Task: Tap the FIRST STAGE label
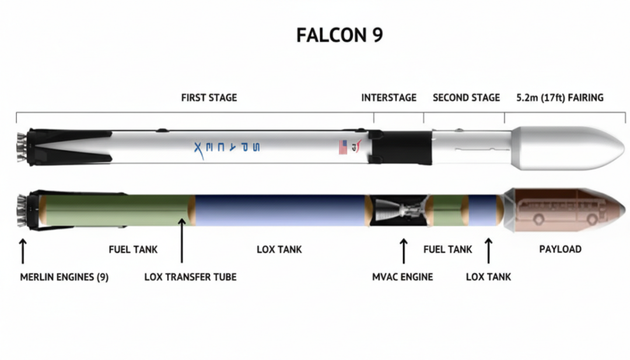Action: point(209,97)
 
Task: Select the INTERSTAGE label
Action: point(388,97)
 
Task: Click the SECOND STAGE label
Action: point(466,97)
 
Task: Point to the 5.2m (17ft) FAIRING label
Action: point(559,97)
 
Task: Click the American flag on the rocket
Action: point(342,147)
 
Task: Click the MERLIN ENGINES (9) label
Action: point(64,277)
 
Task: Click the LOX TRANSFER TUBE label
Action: point(190,277)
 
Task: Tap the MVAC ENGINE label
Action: point(402,277)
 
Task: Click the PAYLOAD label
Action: point(560,249)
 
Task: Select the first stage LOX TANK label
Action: point(279,249)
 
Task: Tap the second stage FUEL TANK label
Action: point(447,249)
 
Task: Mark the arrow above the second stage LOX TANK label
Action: point(488,250)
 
